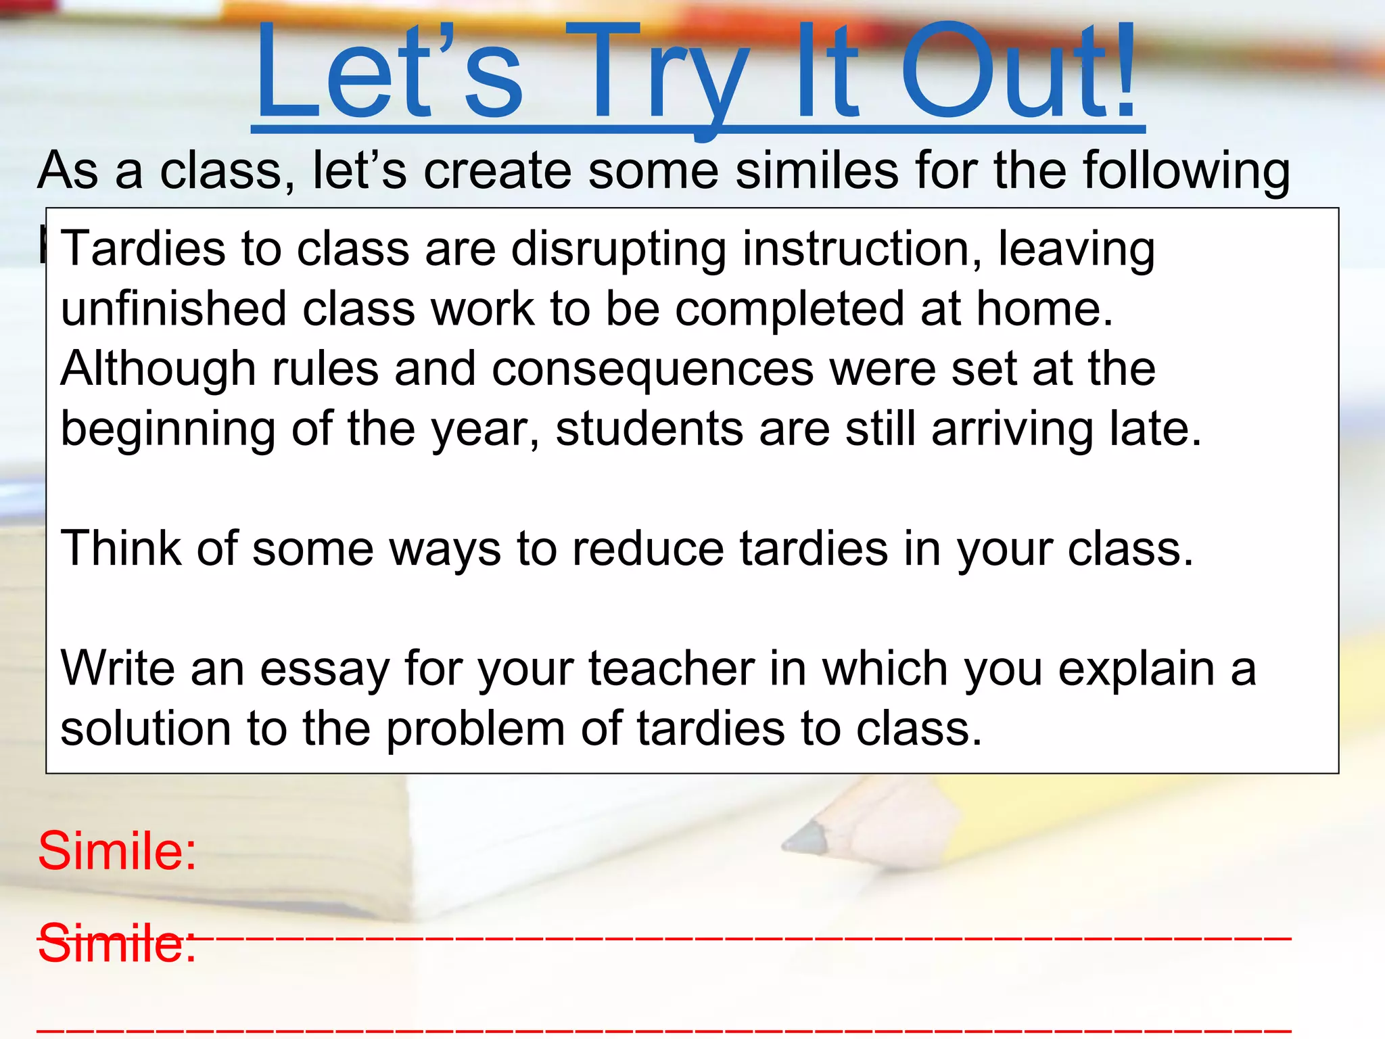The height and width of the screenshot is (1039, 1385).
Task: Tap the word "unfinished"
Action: [x=173, y=309]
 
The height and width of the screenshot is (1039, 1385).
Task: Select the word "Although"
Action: [x=158, y=370]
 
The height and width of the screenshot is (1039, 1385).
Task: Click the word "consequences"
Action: [x=653, y=370]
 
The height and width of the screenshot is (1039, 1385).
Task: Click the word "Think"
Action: [x=120, y=548]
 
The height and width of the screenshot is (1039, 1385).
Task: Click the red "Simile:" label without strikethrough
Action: [x=117, y=850]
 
